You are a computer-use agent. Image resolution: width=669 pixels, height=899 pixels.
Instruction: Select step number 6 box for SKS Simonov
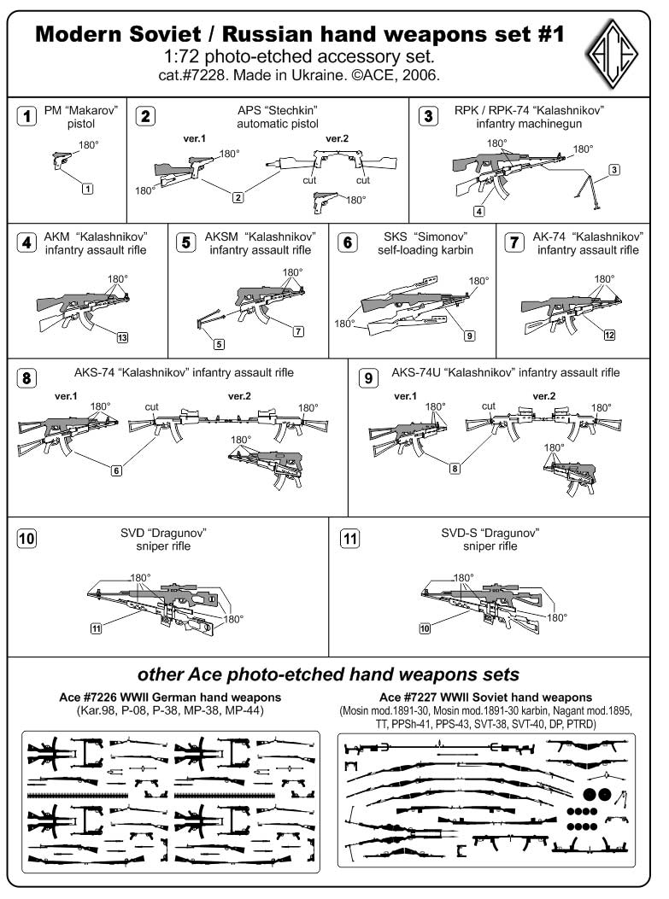349,242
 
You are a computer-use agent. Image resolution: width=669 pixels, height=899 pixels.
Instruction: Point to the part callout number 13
122,338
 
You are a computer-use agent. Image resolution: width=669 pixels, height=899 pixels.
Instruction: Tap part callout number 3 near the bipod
614,169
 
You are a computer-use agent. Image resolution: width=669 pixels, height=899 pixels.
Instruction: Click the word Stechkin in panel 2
279,111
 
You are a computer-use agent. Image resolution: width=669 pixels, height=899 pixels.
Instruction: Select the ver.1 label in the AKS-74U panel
407,396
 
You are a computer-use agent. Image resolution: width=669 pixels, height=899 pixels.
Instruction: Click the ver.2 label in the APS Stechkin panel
337,138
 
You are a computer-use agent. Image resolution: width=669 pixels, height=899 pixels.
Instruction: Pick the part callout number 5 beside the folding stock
220,344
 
